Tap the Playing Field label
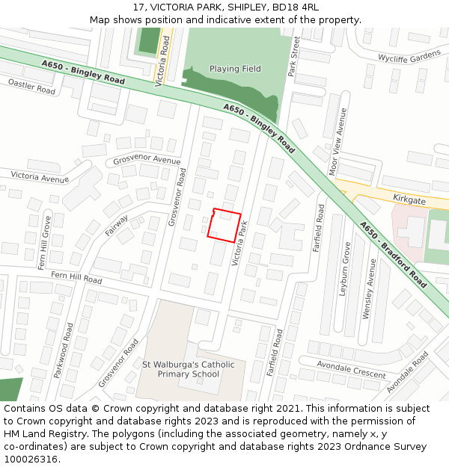coord(235,69)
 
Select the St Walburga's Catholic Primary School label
coord(189,369)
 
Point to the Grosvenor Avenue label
coord(147,161)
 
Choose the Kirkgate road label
coord(409,200)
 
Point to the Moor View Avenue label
coord(338,141)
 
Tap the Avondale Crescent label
coord(351,368)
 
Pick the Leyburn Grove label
coord(346,268)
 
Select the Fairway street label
coord(117,226)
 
